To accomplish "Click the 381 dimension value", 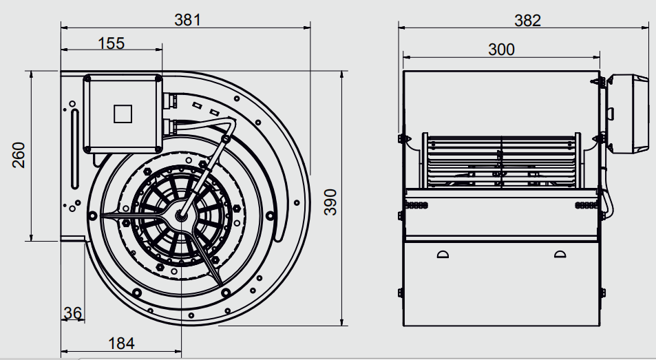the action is (x=187, y=20).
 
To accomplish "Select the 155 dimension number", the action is (x=112, y=43).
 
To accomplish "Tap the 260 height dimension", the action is (x=19, y=155).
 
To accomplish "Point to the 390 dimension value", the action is (x=330, y=202).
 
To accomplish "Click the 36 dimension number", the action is (x=73, y=313).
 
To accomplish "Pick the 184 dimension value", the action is (x=121, y=343).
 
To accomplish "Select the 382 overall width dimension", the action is (x=527, y=20).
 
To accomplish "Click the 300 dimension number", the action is (x=501, y=50).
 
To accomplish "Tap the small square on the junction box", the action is (x=123, y=114).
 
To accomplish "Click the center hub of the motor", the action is (x=181, y=215).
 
